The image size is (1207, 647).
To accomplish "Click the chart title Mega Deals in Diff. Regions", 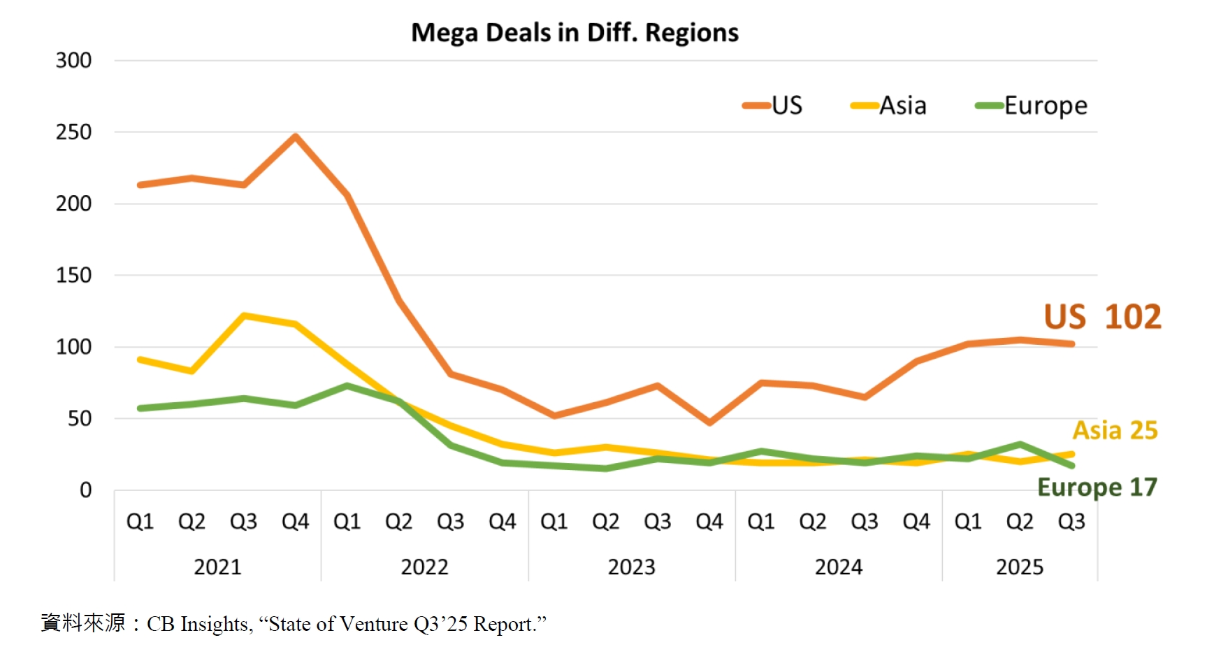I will click(574, 33).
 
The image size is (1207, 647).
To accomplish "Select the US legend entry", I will click(774, 106).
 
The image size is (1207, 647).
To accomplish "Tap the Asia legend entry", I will click(889, 106).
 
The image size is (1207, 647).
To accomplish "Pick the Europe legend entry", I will click(1032, 106).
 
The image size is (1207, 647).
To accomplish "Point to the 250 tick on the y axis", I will click(73, 132).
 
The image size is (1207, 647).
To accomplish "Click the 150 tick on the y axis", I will click(73, 276).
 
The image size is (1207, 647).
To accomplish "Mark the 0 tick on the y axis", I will click(85, 490).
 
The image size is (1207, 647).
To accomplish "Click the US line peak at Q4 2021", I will click(296, 136).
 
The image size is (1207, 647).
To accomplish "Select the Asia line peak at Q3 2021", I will click(244, 315).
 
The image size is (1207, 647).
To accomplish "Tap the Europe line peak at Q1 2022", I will click(347, 385).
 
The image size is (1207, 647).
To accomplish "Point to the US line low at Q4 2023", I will click(709, 423).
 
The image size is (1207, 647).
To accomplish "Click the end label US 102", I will click(1102, 317).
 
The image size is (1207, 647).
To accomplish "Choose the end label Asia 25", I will click(1115, 430).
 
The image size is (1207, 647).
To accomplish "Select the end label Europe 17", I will click(1097, 487).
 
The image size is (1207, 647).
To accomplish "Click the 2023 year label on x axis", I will click(631, 567).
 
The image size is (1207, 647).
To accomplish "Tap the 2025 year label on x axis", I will click(1019, 567).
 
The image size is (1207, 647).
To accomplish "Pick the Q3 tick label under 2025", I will click(1071, 522).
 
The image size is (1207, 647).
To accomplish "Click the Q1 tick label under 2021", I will click(140, 522).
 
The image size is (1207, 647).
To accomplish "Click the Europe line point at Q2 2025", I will click(1020, 445).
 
